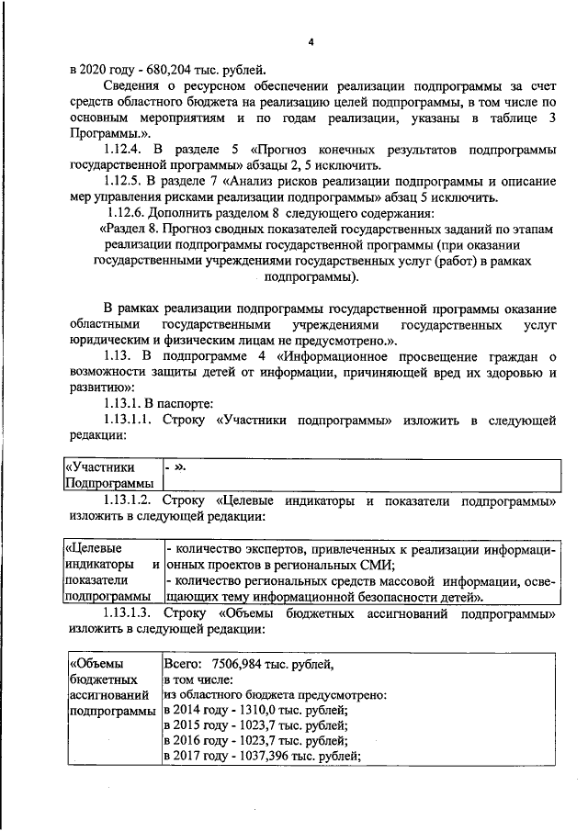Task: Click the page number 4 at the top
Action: click(311, 42)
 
